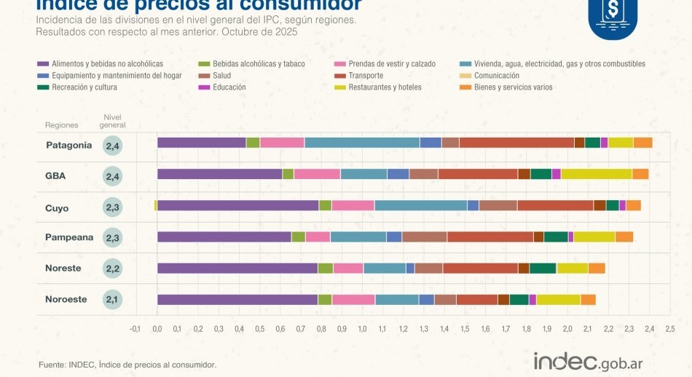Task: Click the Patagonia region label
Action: pos(68,145)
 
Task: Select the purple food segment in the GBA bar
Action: pos(219,174)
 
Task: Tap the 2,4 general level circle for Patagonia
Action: pos(113,146)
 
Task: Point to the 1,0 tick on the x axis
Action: pos(362,329)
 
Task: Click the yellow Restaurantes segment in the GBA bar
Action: pos(596,174)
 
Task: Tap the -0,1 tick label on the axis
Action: pos(135,329)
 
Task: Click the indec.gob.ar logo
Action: pos(588,361)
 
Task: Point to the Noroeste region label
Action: pos(66,299)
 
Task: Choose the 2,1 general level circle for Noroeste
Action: pos(113,299)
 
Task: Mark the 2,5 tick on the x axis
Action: pos(669,329)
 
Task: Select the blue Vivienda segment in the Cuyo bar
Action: pos(420,205)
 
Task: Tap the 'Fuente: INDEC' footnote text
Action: pos(127,365)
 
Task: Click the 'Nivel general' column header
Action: pos(113,121)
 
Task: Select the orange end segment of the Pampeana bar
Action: pos(624,237)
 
